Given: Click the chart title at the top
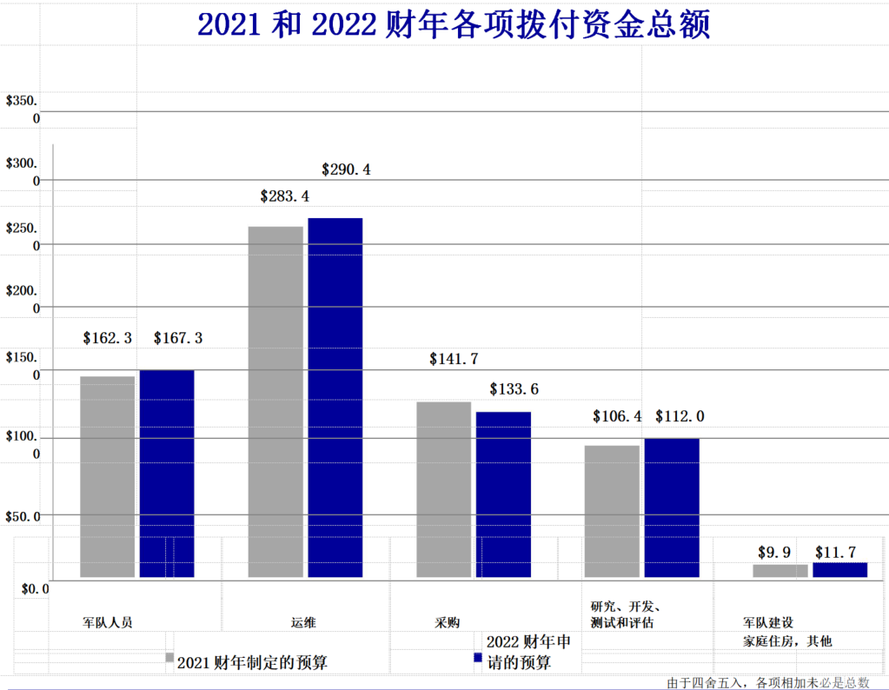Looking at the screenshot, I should click(454, 24).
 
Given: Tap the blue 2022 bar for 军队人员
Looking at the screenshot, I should click(167, 473).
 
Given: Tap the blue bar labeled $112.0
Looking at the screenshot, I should click(672, 508).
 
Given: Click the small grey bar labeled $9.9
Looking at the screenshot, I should click(780, 571).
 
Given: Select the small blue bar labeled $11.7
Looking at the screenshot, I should click(839, 570).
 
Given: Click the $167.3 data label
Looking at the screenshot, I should click(178, 338).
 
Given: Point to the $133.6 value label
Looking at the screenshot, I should click(514, 389).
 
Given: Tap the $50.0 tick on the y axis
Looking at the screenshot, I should click(23, 516).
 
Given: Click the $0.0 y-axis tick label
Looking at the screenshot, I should click(35, 589).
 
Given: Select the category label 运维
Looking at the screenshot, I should click(303, 622).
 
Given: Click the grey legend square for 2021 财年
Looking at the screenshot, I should click(170, 657).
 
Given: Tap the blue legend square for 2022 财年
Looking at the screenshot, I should click(478, 657).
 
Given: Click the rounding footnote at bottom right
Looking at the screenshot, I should click(768, 682).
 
